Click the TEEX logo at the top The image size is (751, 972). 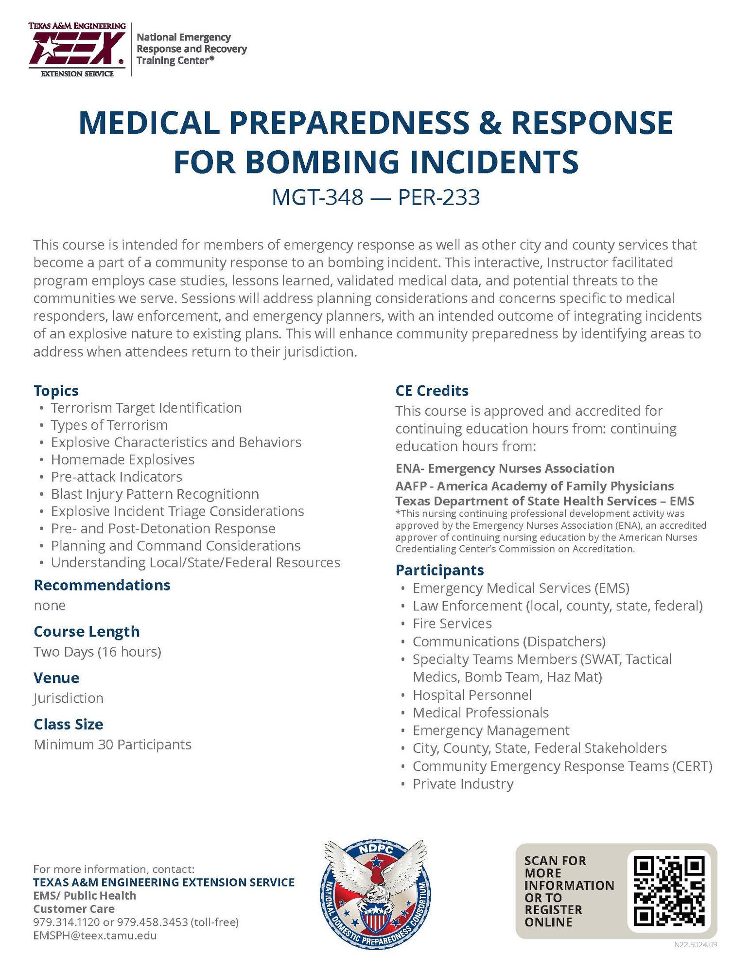tap(77, 49)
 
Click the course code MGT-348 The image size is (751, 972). tap(317, 197)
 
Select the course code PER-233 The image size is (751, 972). tap(439, 197)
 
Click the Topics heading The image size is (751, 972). tap(56, 391)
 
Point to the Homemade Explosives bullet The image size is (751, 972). tap(122, 459)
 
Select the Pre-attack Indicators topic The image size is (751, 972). tap(117, 477)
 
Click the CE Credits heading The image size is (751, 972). tap(432, 391)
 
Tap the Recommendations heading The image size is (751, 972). tap(102, 585)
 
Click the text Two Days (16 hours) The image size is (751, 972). tap(97, 652)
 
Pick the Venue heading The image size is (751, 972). tap(56, 678)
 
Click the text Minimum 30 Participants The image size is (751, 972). tap(112, 745)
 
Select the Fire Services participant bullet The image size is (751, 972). tap(452, 624)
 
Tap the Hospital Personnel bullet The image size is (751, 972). tap(472, 695)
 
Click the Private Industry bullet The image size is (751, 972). tap(463, 784)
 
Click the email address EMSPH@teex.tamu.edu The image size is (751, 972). tap(95, 936)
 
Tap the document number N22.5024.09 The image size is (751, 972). tap(696, 945)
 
